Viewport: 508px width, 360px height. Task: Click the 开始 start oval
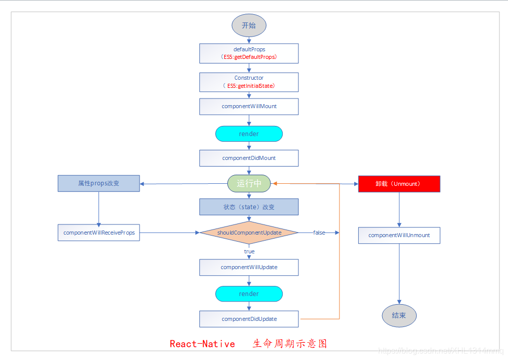coord(249,25)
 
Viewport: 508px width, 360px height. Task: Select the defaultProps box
coord(249,53)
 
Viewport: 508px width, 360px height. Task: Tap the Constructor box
coord(249,82)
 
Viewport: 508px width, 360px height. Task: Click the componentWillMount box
coord(249,107)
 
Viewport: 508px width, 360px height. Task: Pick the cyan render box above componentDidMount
coord(249,134)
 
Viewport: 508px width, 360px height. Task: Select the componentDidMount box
coord(249,158)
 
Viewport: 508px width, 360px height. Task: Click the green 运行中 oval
coord(249,183)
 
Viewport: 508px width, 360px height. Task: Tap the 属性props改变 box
coord(98,183)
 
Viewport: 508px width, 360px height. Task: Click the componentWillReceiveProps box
coord(98,233)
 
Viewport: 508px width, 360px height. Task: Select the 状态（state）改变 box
coord(249,207)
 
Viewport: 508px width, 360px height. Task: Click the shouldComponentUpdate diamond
coord(249,233)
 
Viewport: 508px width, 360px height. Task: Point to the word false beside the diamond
coord(319,233)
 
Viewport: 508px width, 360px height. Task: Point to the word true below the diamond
coord(249,251)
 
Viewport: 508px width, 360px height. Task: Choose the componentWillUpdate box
coord(249,267)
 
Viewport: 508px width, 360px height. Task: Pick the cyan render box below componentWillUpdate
coord(249,294)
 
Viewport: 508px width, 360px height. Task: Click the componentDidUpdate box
coord(249,319)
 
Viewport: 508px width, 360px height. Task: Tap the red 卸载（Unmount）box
coord(399,184)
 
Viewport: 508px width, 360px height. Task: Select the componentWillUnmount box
coord(399,235)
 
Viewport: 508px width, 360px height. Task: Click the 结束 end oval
coord(399,315)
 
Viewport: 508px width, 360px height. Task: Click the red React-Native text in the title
coord(202,344)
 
